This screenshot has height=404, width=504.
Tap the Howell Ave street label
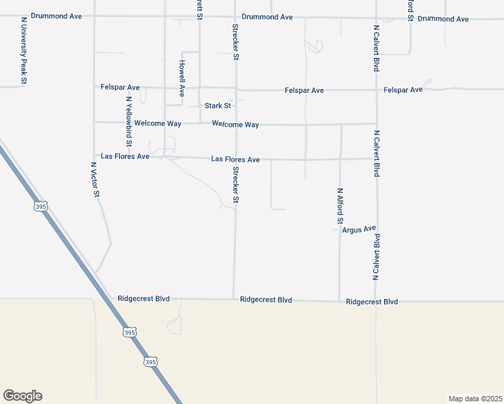[x=182, y=78]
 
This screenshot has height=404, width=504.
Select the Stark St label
[x=218, y=106]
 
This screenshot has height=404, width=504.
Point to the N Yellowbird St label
[x=128, y=121]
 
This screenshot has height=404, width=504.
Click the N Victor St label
[x=96, y=179]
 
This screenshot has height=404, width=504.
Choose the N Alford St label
[x=340, y=206]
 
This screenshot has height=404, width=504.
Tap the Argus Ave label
[x=358, y=230]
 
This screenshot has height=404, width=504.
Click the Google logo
[x=22, y=396]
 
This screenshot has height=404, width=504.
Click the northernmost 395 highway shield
[x=40, y=207]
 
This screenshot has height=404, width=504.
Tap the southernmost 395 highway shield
[x=150, y=362]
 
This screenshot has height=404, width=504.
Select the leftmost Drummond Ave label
[x=56, y=15]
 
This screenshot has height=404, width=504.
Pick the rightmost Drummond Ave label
[x=443, y=19]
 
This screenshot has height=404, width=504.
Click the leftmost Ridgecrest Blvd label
[x=144, y=298]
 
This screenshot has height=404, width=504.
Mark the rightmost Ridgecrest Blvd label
[x=371, y=302]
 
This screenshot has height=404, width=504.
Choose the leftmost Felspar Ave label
[x=120, y=88]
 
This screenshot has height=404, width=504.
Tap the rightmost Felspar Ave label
[x=403, y=90]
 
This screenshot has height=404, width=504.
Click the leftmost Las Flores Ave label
[x=125, y=156]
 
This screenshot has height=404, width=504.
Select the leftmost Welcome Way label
[x=158, y=123]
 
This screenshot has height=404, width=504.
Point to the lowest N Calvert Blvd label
[x=377, y=257]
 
